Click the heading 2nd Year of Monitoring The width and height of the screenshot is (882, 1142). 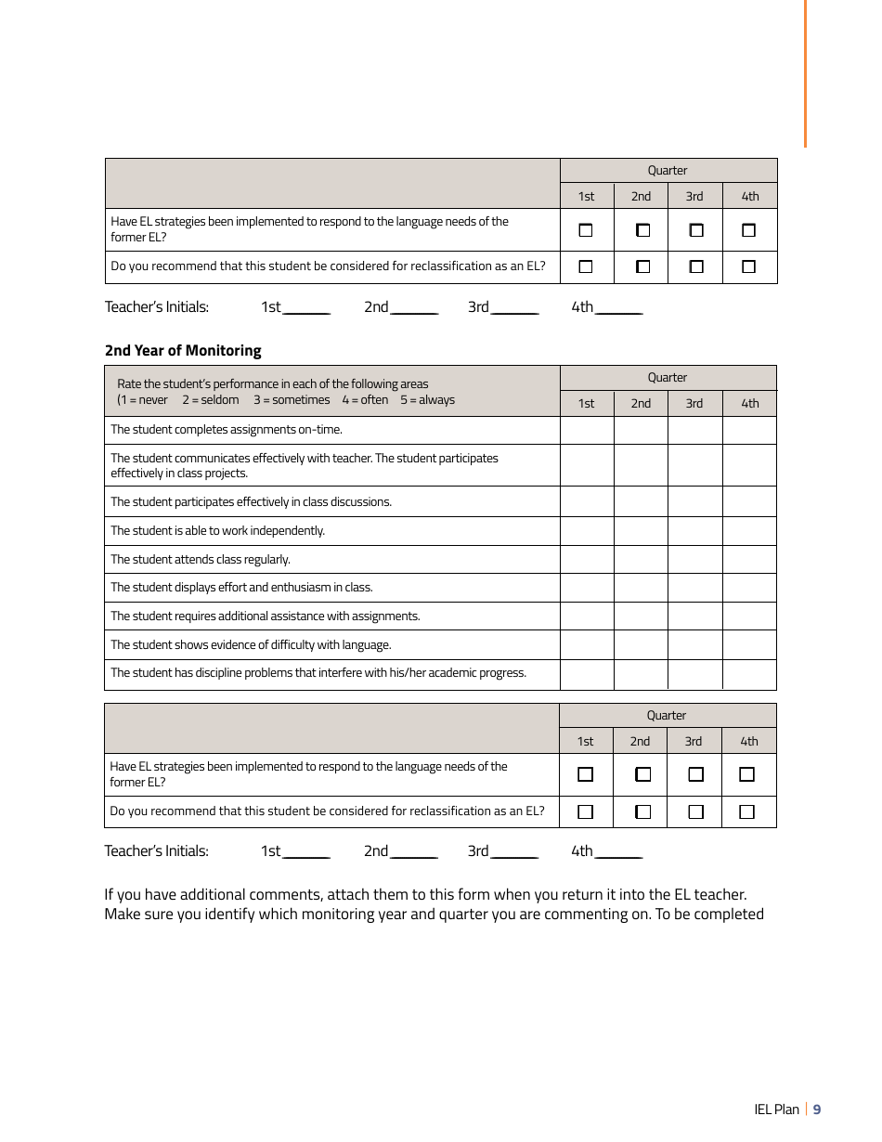pos(183,350)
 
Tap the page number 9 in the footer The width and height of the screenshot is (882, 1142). pos(817,1110)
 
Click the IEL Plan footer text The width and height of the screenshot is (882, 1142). pos(776,1110)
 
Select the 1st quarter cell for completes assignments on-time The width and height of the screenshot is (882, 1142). pos(587,430)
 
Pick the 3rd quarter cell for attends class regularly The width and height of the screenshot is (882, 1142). pos(694,559)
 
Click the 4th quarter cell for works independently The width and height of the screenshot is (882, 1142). pos(749,531)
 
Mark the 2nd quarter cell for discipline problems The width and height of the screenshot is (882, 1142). pos(641,674)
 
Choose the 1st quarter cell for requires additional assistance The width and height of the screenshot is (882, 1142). pos(587,616)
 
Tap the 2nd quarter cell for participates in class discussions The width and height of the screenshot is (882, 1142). pos(641,501)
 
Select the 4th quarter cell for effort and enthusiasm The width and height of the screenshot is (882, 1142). pos(749,588)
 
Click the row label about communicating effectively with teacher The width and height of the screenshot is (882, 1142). pos(304,465)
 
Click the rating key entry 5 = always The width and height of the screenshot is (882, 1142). pos(427,400)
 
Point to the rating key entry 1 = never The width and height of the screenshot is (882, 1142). pos(143,400)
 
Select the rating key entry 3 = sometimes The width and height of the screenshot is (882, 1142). pos(292,400)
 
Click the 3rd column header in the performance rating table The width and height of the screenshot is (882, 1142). pos(694,403)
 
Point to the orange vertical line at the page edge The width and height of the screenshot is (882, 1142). pos(805,74)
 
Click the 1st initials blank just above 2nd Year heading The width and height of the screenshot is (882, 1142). pos(306,308)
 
